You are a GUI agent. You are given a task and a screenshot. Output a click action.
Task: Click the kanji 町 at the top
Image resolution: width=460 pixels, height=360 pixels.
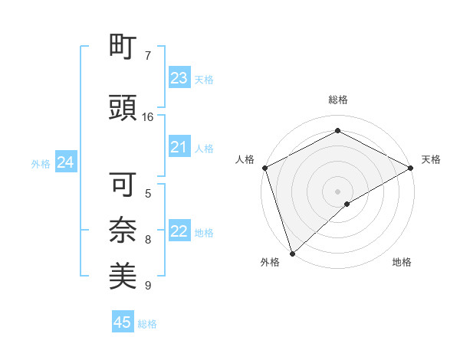click(x=123, y=48)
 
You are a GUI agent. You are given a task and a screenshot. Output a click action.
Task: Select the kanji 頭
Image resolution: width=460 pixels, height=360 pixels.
click(x=123, y=109)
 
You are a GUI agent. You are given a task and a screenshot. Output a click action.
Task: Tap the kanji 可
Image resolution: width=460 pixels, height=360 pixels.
click(x=123, y=185)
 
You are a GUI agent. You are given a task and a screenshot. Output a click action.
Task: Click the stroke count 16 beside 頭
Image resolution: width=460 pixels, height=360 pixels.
click(x=148, y=117)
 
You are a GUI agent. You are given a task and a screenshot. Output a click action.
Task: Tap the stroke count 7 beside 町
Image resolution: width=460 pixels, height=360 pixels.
click(x=148, y=56)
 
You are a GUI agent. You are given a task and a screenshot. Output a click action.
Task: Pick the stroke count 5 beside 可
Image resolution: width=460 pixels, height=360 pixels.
click(x=148, y=194)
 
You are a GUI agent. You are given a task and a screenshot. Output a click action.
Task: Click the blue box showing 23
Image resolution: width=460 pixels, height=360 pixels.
click(x=179, y=78)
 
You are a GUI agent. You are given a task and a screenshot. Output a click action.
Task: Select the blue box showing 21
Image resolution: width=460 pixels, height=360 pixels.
click(x=179, y=147)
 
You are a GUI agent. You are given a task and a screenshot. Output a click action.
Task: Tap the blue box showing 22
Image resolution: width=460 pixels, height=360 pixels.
click(x=179, y=231)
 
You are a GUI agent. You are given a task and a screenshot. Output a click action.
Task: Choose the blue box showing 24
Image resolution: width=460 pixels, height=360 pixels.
click(x=66, y=162)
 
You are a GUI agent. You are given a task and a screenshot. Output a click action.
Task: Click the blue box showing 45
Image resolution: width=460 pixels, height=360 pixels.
click(x=123, y=322)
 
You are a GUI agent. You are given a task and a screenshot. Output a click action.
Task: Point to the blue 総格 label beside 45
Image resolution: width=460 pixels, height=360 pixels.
click(x=147, y=324)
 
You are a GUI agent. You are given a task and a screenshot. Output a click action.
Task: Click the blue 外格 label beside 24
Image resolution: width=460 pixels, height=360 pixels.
click(x=41, y=163)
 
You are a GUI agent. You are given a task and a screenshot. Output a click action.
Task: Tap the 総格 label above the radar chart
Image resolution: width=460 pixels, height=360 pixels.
click(x=337, y=100)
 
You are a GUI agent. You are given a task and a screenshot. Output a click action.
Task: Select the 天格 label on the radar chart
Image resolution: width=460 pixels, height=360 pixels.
click(x=431, y=159)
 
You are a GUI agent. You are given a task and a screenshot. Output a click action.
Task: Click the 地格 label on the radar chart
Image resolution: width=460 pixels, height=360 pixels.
click(x=402, y=262)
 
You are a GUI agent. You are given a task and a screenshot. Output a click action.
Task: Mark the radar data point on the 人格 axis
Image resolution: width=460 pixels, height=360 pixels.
click(x=264, y=168)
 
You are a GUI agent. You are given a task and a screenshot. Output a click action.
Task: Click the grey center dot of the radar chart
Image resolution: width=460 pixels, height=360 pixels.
click(x=337, y=191)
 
